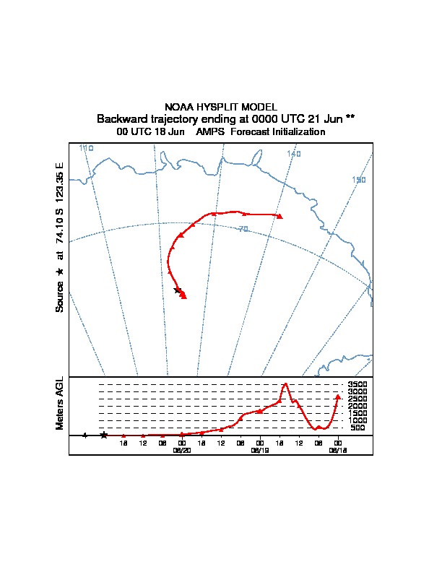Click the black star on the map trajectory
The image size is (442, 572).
178,290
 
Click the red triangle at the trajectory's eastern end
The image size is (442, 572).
279,216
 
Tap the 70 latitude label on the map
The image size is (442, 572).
243,229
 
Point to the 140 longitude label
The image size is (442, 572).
293,154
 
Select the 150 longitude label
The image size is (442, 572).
359,180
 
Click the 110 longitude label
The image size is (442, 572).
87,148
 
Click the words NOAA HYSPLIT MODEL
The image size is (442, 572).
221,107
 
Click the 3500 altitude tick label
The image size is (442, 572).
357,385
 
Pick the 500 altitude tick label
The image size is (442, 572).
357,428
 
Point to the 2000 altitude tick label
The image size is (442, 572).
357,407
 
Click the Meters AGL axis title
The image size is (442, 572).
61,404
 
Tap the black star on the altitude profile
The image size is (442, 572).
104,435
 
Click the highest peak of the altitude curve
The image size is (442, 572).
286,384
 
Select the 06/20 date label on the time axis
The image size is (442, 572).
181,450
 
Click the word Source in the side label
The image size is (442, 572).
60,297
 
